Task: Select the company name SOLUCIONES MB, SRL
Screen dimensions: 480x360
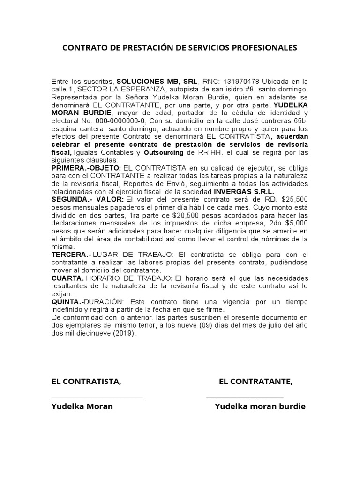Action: click(x=157, y=81)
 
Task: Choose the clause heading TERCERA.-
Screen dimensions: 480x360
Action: click(x=70, y=255)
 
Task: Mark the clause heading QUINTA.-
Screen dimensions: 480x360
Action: click(x=68, y=302)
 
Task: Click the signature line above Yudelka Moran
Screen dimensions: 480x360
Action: click(x=97, y=397)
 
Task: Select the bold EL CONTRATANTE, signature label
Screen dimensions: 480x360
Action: click(x=255, y=382)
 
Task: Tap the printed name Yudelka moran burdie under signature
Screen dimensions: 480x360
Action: click(x=260, y=406)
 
